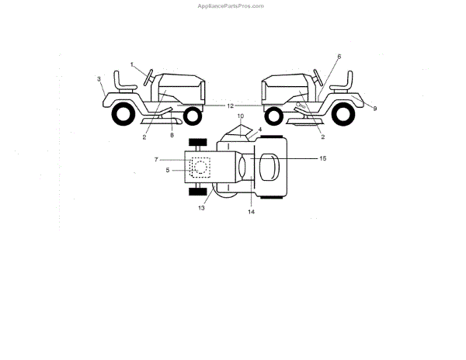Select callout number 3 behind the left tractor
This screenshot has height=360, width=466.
click(99, 79)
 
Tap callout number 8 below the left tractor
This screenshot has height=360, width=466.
click(172, 136)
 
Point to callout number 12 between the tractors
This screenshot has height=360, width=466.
click(231, 105)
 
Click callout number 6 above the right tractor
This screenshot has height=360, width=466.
click(339, 57)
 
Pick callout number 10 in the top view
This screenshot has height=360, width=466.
click(240, 116)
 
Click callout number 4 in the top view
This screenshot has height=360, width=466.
click(260, 129)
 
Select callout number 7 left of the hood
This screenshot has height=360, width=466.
click(156, 159)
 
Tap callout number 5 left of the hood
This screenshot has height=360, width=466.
click(156, 170)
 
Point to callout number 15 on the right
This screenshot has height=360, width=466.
click(323, 158)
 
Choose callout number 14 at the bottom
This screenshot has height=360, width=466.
click(251, 211)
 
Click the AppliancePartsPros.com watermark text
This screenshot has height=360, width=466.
click(232, 5)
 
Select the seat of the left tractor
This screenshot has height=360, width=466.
click(123, 81)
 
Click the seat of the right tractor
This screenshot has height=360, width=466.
click(343, 81)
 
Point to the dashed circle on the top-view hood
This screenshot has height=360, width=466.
click(200, 166)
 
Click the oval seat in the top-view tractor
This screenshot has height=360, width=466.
click(270, 167)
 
